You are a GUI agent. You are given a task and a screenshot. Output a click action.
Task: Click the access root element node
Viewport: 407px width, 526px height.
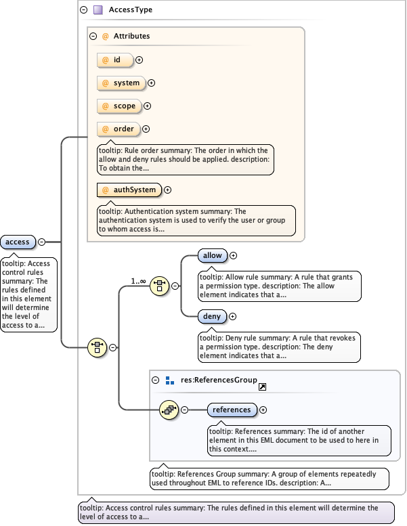(x=18, y=242)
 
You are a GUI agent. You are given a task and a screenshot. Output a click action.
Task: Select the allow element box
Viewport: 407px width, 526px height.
(x=213, y=255)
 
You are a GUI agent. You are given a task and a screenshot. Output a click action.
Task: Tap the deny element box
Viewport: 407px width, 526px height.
(x=212, y=316)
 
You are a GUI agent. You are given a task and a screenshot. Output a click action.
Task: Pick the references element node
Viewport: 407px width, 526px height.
(x=232, y=410)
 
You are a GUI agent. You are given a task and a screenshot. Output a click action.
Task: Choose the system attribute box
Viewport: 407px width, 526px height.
(x=121, y=83)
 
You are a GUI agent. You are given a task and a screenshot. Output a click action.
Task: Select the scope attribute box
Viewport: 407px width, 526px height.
(x=119, y=106)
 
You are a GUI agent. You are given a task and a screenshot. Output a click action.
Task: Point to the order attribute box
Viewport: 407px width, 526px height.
(x=119, y=129)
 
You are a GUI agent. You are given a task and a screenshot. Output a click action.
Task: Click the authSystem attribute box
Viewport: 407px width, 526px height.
(x=129, y=190)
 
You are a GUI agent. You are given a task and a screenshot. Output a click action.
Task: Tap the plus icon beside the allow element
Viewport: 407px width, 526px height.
(x=234, y=256)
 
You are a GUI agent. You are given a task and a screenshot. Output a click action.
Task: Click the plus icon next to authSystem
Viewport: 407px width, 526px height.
(x=168, y=190)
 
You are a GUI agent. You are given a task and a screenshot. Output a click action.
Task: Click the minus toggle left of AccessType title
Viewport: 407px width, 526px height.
(x=83, y=10)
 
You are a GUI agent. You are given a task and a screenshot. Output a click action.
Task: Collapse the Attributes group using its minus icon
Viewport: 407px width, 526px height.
(x=93, y=36)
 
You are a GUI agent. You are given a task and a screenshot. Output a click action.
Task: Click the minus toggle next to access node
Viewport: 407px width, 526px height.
(x=41, y=242)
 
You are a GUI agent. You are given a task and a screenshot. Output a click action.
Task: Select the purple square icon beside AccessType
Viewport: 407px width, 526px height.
(x=98, y=10)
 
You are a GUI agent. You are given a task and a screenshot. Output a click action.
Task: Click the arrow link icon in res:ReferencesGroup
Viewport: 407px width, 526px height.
(x=263, y=387)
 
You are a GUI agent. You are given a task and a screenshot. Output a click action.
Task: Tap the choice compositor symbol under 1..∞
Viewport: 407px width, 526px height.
(x=159, y=286)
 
